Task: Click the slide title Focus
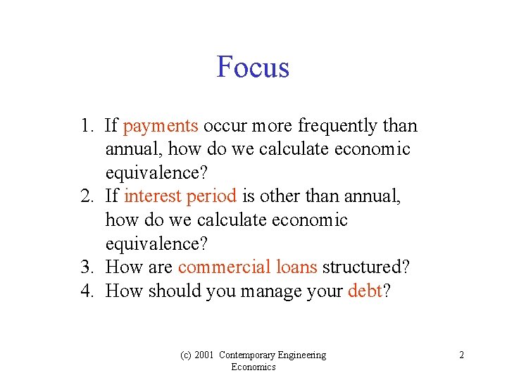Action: pyautogui.click(x=253, y=68)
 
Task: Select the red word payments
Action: pyautogui.click(x=161, y=126)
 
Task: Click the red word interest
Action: pyautogui.click(x=153, y=196)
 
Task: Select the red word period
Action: pyautogui.click(x=211, y=196)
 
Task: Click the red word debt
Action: pyautogui.click(x=364, y=291)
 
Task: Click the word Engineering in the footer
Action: pyautogui.click(x=303, y=355)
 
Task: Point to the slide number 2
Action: pyautogui.click(x=461, y=355)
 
